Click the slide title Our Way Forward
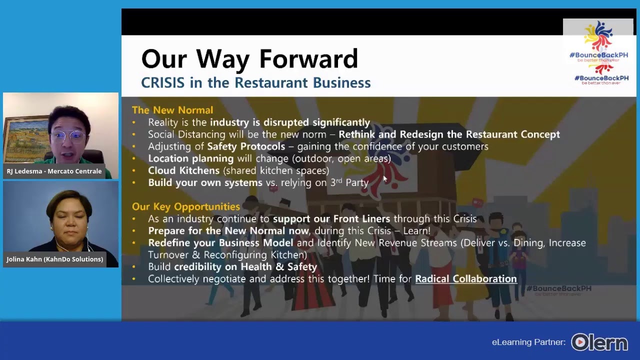coord(249,58)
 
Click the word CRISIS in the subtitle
coord(163,83)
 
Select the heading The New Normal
coord(172,110)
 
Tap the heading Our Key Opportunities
coord(186,206)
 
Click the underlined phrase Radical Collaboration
coord(466,278)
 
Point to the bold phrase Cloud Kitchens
coord(183,170)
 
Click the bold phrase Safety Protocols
coord(246,146)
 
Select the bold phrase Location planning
coord(191,158)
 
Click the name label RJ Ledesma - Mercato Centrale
coord(54,171)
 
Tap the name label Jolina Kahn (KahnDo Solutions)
coord(55,259)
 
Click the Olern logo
coord(599,342)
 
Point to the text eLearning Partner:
coord(528,342)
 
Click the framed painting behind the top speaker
coord(25,139)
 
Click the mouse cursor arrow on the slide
coord(385,179)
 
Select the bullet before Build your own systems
coord(133,182)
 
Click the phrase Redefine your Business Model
coord(220,243)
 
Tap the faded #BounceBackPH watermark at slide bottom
coord(558,290)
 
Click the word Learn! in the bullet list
coord(416,230)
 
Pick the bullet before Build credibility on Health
coord(133,267)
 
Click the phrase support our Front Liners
coord(331,219)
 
